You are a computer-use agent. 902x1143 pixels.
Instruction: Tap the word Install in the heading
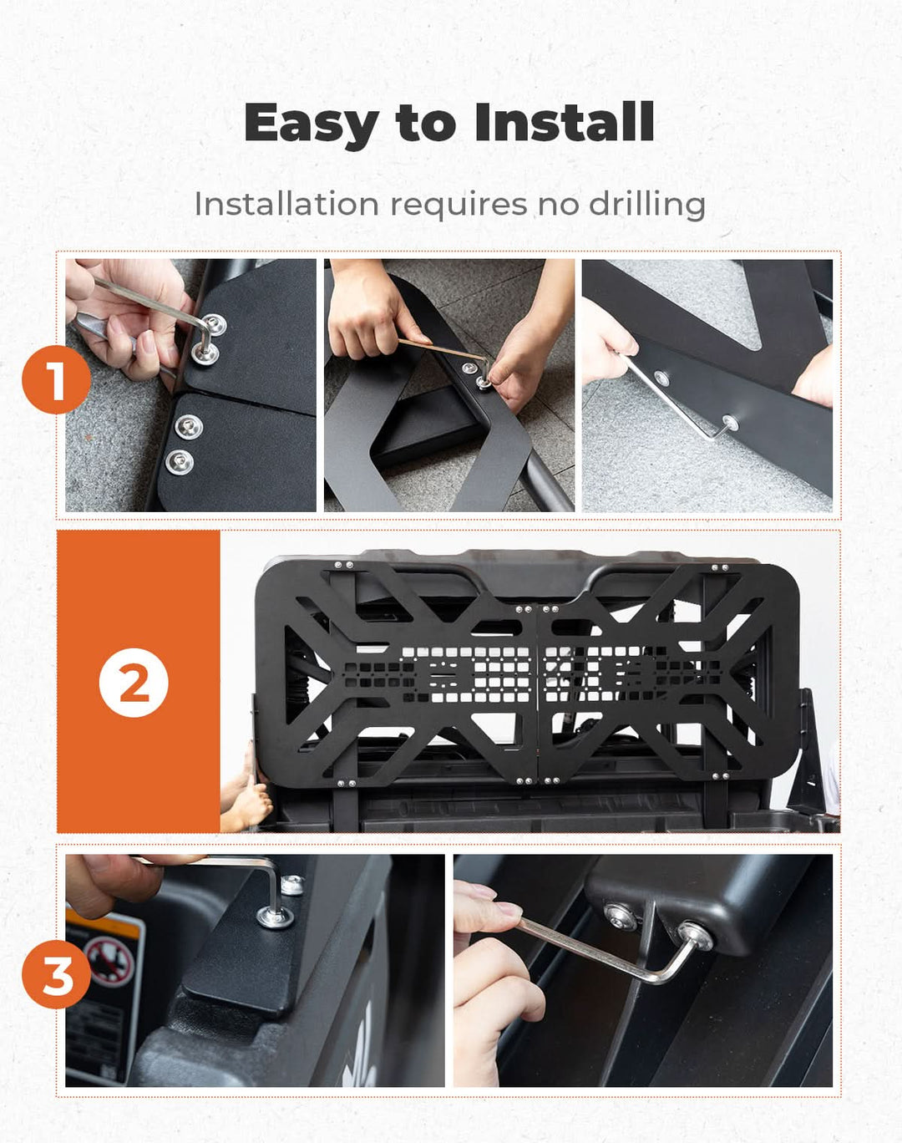565,122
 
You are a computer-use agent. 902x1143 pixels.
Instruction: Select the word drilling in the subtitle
647,206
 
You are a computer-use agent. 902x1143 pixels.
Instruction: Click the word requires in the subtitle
459,207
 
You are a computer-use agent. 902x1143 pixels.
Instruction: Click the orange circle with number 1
56,379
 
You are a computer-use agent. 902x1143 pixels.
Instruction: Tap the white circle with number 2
134,683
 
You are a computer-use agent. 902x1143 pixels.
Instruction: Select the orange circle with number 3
56,974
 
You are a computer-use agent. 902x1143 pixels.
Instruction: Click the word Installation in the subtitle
286,204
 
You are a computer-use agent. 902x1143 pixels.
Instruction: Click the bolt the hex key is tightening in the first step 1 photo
205,352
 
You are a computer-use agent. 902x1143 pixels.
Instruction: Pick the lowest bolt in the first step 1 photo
179,462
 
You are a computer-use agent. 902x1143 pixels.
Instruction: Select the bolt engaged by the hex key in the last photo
696,937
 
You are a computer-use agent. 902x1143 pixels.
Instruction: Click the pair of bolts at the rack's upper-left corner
343,565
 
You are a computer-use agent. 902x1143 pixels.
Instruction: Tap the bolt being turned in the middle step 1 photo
482,383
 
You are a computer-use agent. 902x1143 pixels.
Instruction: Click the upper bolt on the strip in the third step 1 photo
661,378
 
